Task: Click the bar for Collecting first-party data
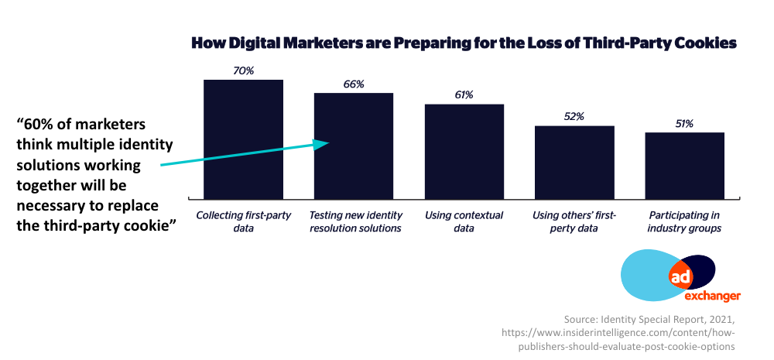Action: [x=243, y=139]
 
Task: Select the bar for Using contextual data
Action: [x=464, y=150]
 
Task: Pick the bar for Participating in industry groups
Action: [x=684, y=165]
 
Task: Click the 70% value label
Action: [x=244, y=70]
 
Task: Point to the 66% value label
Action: [x=354, y=84]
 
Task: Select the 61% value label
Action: [x=464, y=94]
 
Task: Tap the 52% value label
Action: [x=574, y=116]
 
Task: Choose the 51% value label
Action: [x=684, y=123]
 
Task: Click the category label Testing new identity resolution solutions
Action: [x=354, y=221]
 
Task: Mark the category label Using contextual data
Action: [x=464, y=221]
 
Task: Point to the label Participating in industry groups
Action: [x=684, y=221]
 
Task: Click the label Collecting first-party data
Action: [x=243, y=221]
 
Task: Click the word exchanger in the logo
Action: [x=712, y=295]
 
